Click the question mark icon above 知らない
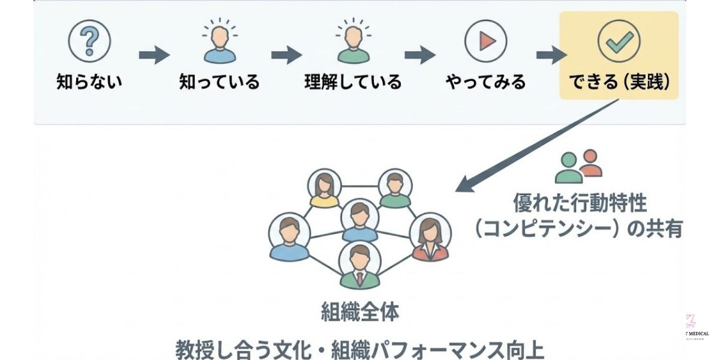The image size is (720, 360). point(89,41)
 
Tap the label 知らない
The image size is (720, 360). point(89,82)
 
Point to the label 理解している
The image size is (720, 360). point(352,82)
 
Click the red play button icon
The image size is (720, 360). point(485,41)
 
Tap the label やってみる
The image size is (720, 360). point(485,82)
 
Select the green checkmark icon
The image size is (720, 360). point(619,41)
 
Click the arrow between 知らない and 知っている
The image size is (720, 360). point(154,56)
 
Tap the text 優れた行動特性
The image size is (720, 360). point(580,203)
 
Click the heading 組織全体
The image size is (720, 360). point(359,313)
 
